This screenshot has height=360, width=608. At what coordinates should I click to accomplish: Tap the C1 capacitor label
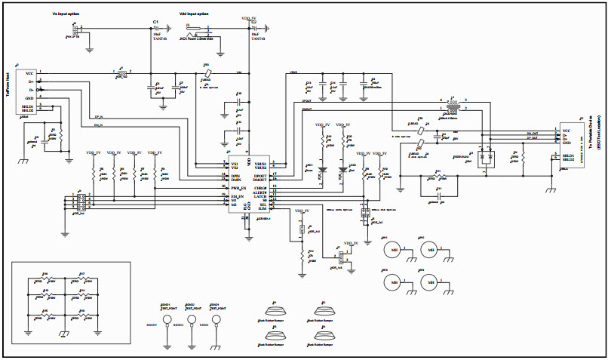click(155, 21)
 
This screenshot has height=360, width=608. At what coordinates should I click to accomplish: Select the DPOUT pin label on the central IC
click(260, 174)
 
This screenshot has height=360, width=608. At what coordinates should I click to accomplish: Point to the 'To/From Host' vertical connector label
click(8, 85)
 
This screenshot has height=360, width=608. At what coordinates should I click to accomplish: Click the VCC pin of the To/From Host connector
click(29, 72)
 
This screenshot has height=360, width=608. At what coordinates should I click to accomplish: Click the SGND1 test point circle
click(167, 320)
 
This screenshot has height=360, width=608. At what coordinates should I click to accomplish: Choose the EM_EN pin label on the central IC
click(238, 195)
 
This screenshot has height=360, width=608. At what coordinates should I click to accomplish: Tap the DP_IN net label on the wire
click(99, 117)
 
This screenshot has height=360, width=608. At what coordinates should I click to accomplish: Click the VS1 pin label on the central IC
click(235, 163)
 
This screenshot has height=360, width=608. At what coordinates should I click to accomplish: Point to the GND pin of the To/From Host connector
click(29, 98)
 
